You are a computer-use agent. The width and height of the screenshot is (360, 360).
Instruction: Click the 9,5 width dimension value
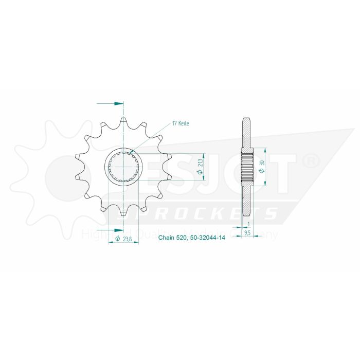coord(247,232)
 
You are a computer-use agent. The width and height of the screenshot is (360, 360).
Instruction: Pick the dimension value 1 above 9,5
coord(248,224)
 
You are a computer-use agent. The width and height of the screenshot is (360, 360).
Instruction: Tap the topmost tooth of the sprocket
coord(123,122)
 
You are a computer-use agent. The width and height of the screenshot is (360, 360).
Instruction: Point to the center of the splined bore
coord(123,167)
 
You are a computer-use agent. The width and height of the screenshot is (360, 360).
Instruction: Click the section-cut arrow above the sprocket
coord(117,103)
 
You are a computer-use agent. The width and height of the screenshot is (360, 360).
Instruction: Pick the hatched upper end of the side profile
coord(246,131)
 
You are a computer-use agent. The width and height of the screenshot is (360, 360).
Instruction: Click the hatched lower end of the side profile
coord(246,203)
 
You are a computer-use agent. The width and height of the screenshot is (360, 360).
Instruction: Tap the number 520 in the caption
coord(182,238)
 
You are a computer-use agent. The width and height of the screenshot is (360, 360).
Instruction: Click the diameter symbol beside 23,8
coord(118,239)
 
